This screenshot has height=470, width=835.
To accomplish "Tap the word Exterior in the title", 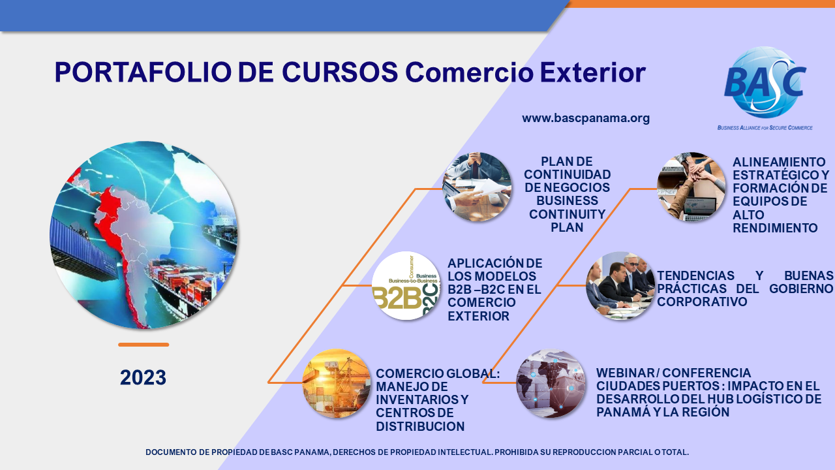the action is point(593,72).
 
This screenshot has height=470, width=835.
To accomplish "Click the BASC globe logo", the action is point(765,82).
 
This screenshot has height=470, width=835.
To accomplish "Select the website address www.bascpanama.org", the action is point(586,118).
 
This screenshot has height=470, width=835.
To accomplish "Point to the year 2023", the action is point(143,377).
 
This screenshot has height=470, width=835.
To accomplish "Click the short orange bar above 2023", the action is point(144,345).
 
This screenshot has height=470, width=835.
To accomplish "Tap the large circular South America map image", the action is point(144,235).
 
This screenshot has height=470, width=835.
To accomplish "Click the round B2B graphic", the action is point(406,286).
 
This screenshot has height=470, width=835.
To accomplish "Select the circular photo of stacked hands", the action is point(691,187).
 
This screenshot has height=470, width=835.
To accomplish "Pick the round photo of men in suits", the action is point(620,286).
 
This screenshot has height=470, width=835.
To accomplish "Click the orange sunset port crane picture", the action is point(336,383).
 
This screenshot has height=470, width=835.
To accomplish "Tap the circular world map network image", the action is point(551,383).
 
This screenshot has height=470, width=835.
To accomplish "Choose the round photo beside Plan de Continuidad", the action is point(477,187).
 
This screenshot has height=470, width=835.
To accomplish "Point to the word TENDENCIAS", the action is point(695,275).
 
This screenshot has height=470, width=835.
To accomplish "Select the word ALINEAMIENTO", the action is point(779,163).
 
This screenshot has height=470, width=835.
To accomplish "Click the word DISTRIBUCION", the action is point(420,426).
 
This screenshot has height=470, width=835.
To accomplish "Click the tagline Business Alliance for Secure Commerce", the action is point(765,127).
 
